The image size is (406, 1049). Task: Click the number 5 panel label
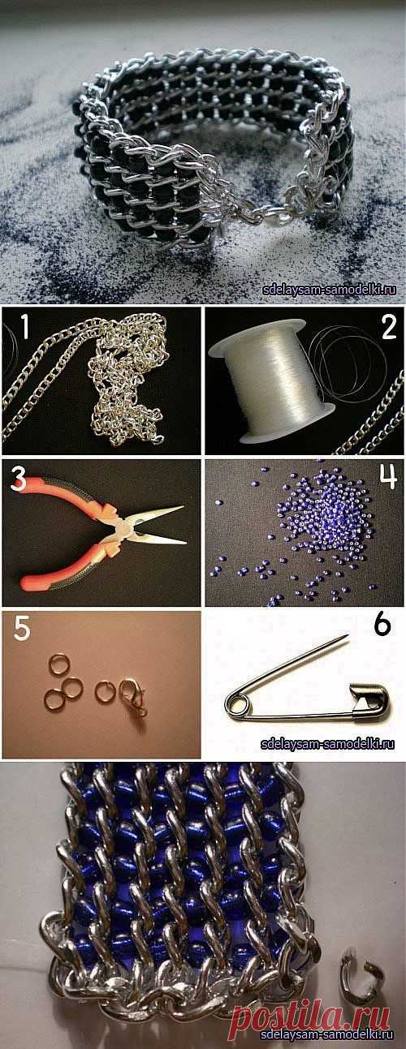21,628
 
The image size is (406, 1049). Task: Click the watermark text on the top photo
329,290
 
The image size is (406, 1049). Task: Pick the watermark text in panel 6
327,743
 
